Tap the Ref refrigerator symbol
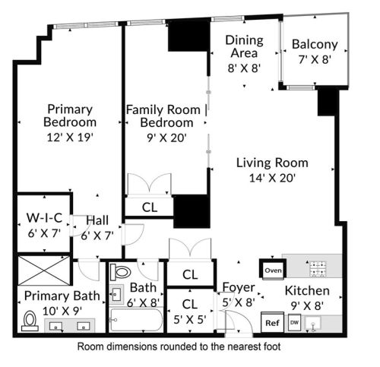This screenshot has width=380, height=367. click(272, 322)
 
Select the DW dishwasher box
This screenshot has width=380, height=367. click(294, 323)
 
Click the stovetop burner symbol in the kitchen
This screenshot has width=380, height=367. click(318, 268)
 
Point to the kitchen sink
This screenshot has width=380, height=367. click(313, 324)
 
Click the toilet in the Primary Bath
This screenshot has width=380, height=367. click(30, 321)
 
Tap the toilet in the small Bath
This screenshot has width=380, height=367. click(121, 272)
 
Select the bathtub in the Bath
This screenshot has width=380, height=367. click(136, 320)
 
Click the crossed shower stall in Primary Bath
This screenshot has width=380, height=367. click(44, 271)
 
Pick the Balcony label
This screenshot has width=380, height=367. click(315, 45)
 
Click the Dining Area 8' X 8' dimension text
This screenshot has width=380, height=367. click(244, 68)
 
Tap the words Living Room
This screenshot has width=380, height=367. click(272, 163)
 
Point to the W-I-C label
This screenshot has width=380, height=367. click(44, 218)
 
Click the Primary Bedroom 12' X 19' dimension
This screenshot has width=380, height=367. click(70, 138)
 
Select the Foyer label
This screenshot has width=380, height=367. click(239, 287)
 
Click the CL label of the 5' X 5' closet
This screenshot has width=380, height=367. click(190, 304)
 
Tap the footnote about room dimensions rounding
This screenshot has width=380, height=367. click(179, 346)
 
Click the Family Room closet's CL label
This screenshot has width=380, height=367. click(150, 207)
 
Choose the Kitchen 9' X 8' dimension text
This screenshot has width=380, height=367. click(307, 306)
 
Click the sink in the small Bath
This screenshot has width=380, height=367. click(116, 295)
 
